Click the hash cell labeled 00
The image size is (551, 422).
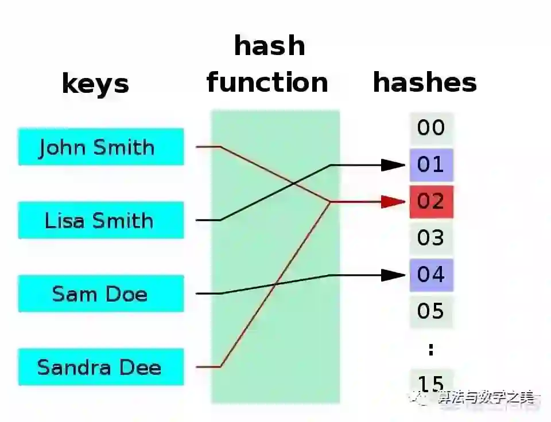pyautogui.click(x=431, y=127)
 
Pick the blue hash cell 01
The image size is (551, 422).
pyautogui.click(x=431, y=165)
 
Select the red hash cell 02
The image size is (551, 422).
pyautogui.click(x=431, y=202)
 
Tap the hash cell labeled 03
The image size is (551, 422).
pyautogui.click(x=431, y=237)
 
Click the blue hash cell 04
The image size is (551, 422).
pyautogui.click(x=431, y=275)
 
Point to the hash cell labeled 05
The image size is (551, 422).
pyautogui.click(x=431, y=311)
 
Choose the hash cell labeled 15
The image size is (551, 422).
pyautogui.click(x=431, y=382)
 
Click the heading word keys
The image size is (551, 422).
pyautogui.click(x=95, y=84)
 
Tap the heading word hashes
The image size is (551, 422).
pyautogui.click(x=425, y=82)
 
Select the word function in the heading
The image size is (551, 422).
pyautogui.click(x=267, y=82)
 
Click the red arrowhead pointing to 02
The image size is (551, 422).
pyautogui.click(x=395, y=202)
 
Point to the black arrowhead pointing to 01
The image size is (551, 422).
pyautogui.click(x=395, y=165)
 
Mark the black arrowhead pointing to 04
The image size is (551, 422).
pyautogui.click(x=395, y=275)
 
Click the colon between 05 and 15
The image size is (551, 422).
pyautogui.click(x=431, y=349)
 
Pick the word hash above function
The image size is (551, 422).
pyautogui.click(x=269, y=46)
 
